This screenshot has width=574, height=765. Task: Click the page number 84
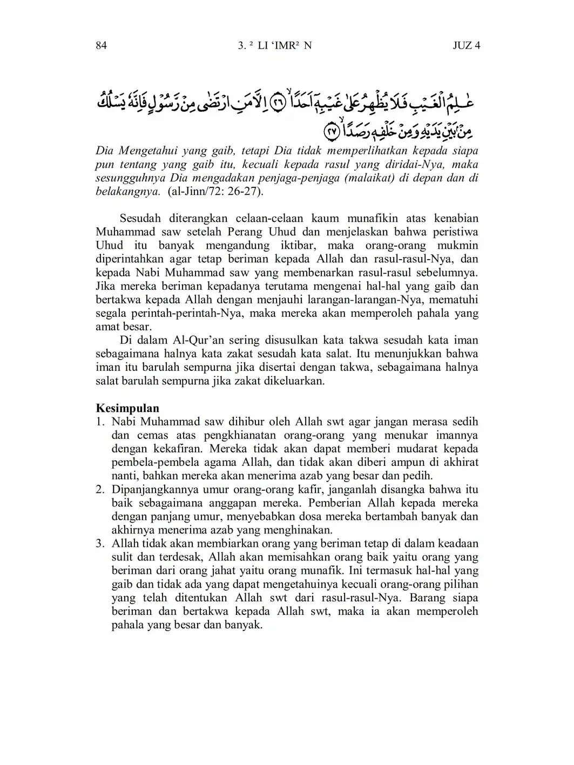click(101, 45)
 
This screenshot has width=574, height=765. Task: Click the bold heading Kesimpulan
click(127, 408)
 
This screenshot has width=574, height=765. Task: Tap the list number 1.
click(100, 422)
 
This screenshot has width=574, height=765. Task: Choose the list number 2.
click(100, 490)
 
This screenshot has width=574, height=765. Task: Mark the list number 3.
click(100, 544)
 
